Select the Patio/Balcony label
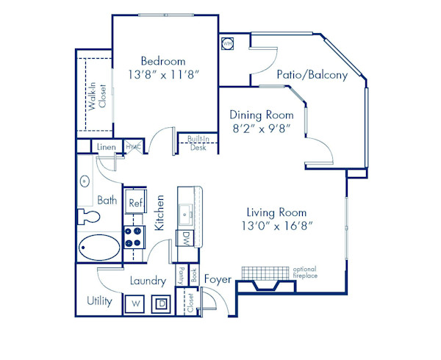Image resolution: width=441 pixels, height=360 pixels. click(312, 75)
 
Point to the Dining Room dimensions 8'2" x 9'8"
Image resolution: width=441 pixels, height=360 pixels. click(261, 128)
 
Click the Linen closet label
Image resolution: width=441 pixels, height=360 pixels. click(107, 148)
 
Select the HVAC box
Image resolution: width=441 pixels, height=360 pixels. click(133, 148)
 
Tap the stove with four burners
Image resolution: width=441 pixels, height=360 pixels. click(134, 237)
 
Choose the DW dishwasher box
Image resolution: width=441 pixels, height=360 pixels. click(186, 237)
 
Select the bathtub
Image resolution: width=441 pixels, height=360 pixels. click(100, 248)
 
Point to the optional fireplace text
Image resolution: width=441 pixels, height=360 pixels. click(304, 272)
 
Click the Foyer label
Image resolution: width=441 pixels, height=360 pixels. click(218, 279)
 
